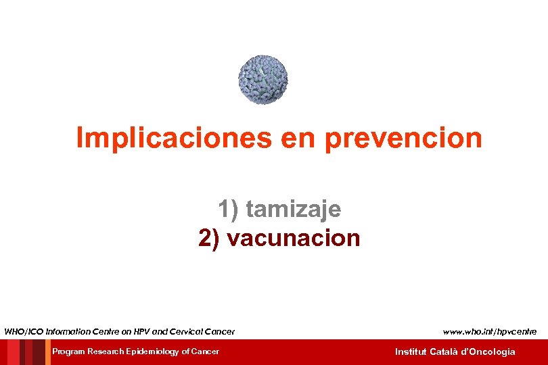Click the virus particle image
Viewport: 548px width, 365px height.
(262, 80)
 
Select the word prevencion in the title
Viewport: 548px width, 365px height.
(404, 138)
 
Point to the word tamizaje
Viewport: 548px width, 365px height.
(294, 210)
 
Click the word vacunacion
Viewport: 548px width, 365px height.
(294, 238)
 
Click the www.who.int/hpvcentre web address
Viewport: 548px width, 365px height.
(490, 331)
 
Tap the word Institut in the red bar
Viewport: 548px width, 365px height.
(411, 351)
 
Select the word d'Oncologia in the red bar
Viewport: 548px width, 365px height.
(488, 351)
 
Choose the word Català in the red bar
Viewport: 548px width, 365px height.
(444, 351)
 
